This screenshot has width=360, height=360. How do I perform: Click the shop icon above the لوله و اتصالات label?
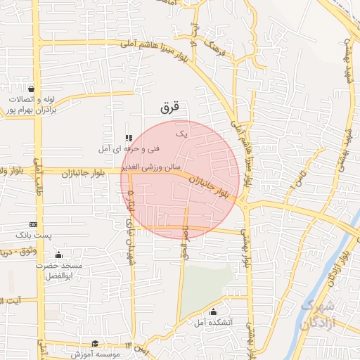tap(31, 89)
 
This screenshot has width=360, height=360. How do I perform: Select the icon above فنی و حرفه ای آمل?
tap(128, 138)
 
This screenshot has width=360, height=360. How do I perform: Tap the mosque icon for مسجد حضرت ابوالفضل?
tap(58, 255)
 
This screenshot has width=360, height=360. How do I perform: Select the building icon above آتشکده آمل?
tap(214, 311)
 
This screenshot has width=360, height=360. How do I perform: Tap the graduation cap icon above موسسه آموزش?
tap(94, 344)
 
